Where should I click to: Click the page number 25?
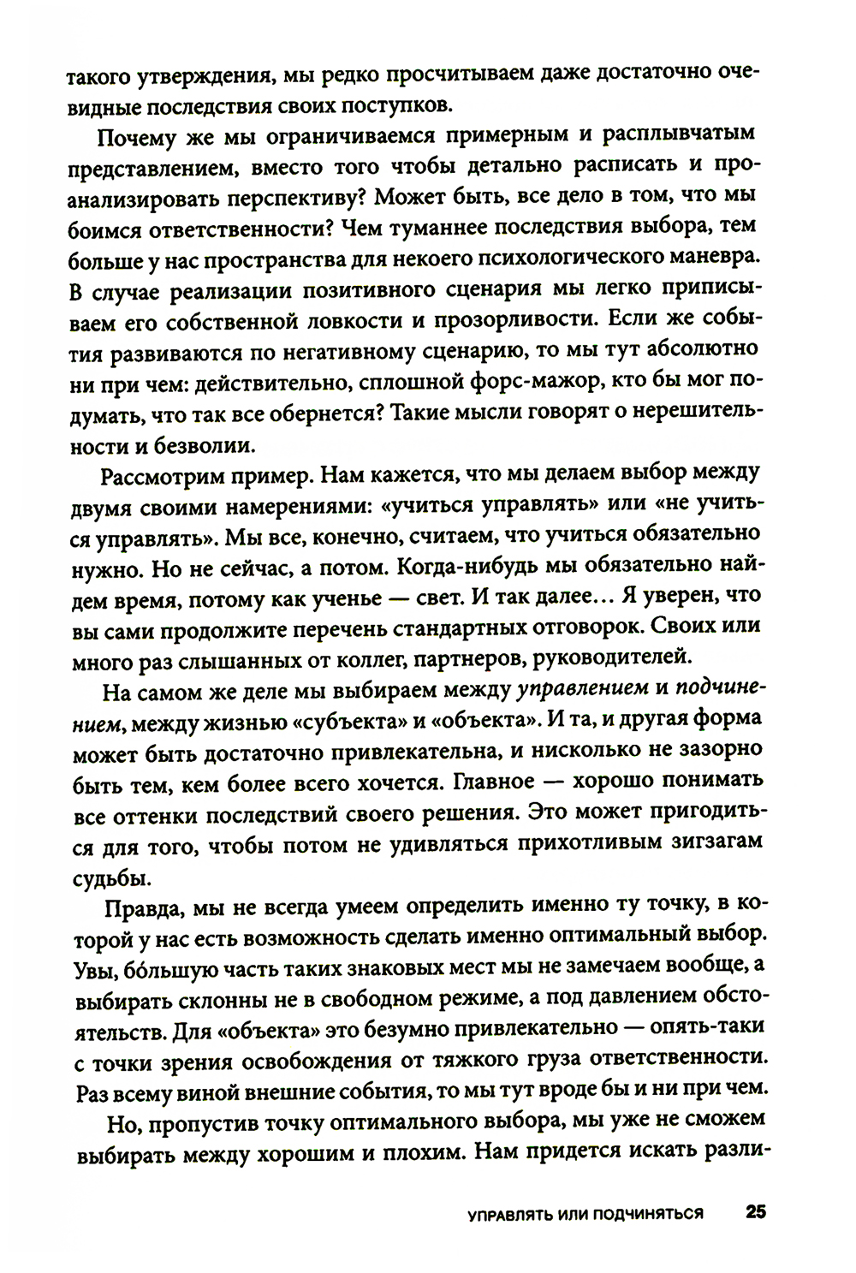(x=754, y=1212)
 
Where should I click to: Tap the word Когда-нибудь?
(x=488, y=566)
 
